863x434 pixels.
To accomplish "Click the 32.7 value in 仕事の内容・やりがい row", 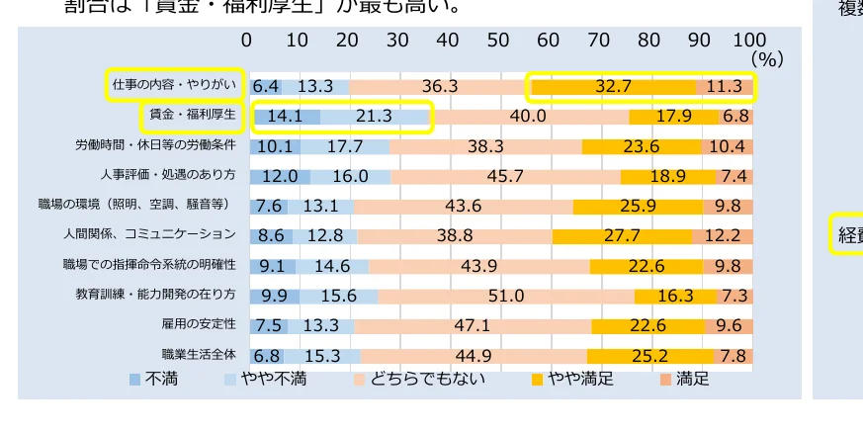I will click(613, 86).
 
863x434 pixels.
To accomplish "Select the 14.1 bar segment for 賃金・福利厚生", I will click(285, 116).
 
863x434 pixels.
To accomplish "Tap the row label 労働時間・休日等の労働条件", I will click(155, 145).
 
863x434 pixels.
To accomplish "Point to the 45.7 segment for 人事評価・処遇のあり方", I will click(505, 176).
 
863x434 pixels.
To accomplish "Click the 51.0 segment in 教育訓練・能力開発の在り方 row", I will click(506, 295).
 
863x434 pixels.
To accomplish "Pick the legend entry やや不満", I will click(267, 379).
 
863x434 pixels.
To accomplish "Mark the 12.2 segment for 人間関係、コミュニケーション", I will click(722, 235).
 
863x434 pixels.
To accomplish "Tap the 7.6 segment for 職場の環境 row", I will click(269, 206).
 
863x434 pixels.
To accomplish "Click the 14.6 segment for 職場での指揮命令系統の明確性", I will click(331, 265).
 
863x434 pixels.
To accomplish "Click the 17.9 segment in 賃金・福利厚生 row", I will click(673, 116).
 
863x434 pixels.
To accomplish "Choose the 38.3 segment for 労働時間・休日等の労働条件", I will click(485, 145).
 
